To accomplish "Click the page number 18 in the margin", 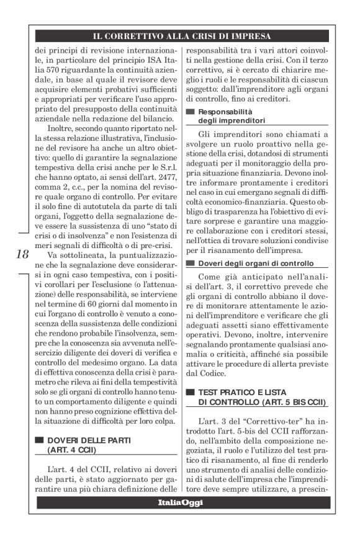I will coord(19,272).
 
